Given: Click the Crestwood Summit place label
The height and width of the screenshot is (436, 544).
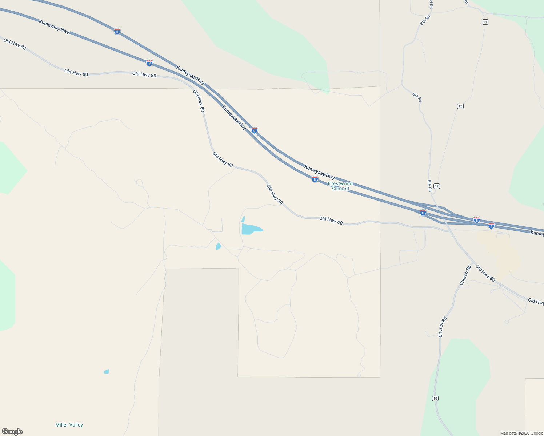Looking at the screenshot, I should [x=340, y=186].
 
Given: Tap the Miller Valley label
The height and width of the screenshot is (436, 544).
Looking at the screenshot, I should [x=69, y=425].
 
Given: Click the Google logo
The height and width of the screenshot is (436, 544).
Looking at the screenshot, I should [x=12, y=432].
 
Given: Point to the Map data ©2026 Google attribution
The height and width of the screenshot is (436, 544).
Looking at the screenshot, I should [x=521, y=433].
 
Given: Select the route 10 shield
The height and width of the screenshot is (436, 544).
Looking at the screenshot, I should [x=435, y=398].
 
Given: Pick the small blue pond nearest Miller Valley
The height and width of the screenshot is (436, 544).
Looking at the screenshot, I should [x=106, y=371].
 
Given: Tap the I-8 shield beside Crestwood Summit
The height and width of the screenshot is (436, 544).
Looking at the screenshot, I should [x=315, y=179].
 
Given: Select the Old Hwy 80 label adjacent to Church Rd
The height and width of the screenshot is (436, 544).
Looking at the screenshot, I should [x=485, y=273].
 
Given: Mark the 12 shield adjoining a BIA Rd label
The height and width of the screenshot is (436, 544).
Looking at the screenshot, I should [x=437, y=186].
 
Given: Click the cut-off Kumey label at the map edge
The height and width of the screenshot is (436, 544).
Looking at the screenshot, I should [x=537, y=233].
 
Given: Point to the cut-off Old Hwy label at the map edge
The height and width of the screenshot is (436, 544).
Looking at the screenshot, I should [x=536, y=301].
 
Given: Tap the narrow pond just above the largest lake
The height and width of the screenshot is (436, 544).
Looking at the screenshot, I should [x=243, y=219].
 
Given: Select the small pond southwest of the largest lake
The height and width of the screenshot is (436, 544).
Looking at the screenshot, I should [x=218, y=246].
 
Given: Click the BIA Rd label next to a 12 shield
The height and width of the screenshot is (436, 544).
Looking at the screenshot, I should [x=429, y=186].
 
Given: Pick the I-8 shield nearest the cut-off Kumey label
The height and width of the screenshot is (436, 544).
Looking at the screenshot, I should [x=491, y=226].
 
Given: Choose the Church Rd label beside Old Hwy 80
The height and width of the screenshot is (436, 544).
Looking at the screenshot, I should [x=465, y=275].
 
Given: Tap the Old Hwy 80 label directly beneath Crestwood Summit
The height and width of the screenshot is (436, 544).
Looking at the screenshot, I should [x=331, y=220].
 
